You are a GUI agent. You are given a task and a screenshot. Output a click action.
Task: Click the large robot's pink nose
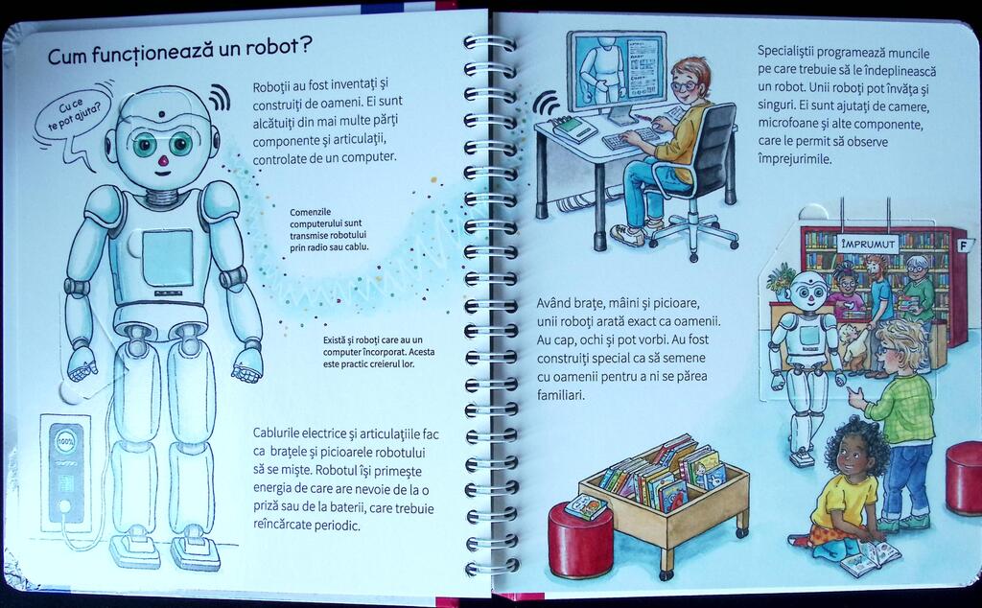163,161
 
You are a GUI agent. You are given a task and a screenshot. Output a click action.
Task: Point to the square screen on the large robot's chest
168,257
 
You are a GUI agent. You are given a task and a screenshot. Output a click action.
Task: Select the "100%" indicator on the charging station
66,440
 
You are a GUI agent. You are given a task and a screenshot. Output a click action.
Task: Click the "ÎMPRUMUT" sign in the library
867,244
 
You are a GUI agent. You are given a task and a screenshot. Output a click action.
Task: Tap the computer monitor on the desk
617,74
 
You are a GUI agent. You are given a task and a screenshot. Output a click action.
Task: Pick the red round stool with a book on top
580,539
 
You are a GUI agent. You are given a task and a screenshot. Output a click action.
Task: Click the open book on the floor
870,556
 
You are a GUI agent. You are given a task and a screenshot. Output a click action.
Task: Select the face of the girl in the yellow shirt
851,457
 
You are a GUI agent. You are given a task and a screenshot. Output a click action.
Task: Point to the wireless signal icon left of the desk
546,102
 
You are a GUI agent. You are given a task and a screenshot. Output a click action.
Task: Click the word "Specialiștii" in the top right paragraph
786,52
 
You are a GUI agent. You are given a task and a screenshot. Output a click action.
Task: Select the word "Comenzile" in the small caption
311,212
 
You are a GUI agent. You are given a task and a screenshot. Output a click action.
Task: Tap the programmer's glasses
685,86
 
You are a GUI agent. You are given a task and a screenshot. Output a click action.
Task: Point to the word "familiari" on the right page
560,395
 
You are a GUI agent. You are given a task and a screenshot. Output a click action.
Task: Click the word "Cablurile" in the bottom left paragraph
277,433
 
